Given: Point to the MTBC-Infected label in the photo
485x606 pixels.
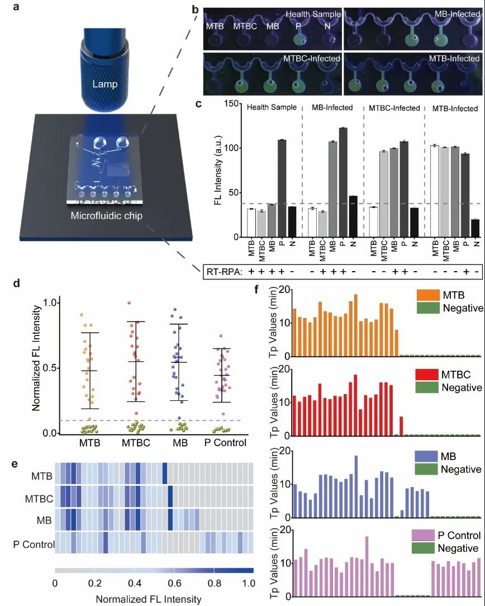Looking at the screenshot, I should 306,58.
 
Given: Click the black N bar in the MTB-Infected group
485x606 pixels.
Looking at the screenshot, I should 476,228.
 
